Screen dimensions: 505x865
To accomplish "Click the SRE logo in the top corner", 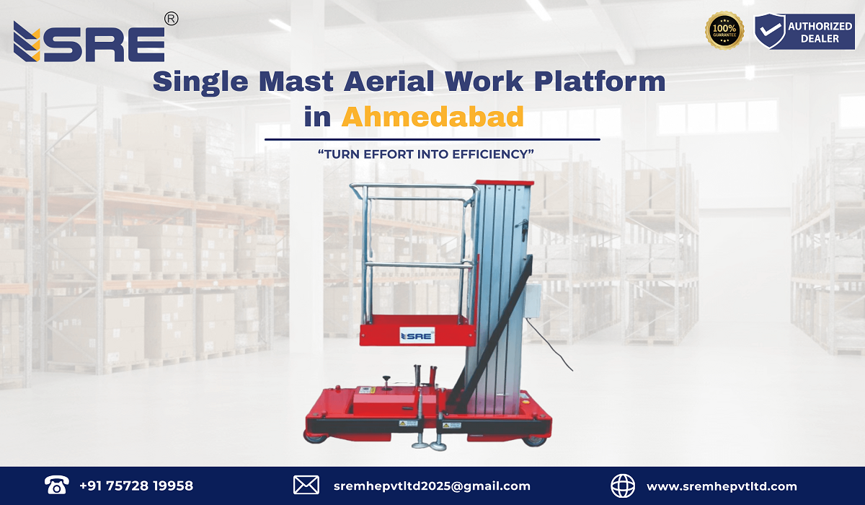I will pyautogui.click(x=89, y=42).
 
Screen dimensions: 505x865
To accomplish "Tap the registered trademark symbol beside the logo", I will pyautogui.click(x=171, y=19).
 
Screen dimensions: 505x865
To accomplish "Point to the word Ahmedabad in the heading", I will pyautogui.click(x=432, y=116).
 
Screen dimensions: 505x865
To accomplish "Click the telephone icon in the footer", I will pyautogui.click(x=56, y=486).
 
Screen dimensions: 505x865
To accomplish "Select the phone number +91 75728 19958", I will pyautogui.click(x=136, y=486).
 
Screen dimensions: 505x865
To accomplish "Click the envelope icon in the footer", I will pyautogui.click(x=306, y=486).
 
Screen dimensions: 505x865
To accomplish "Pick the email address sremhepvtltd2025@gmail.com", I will pyautogui.click(x=432, y=486).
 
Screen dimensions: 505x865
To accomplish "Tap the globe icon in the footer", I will pyautogui.click(x=623, y=486).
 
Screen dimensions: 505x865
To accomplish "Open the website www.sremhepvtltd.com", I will pyautogui.click(x=722, y=486).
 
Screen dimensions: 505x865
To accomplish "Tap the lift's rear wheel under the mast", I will pyautogui.click(x=534, y=438).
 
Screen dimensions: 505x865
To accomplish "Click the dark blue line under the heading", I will pyautogui.click(x=432, y=139).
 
